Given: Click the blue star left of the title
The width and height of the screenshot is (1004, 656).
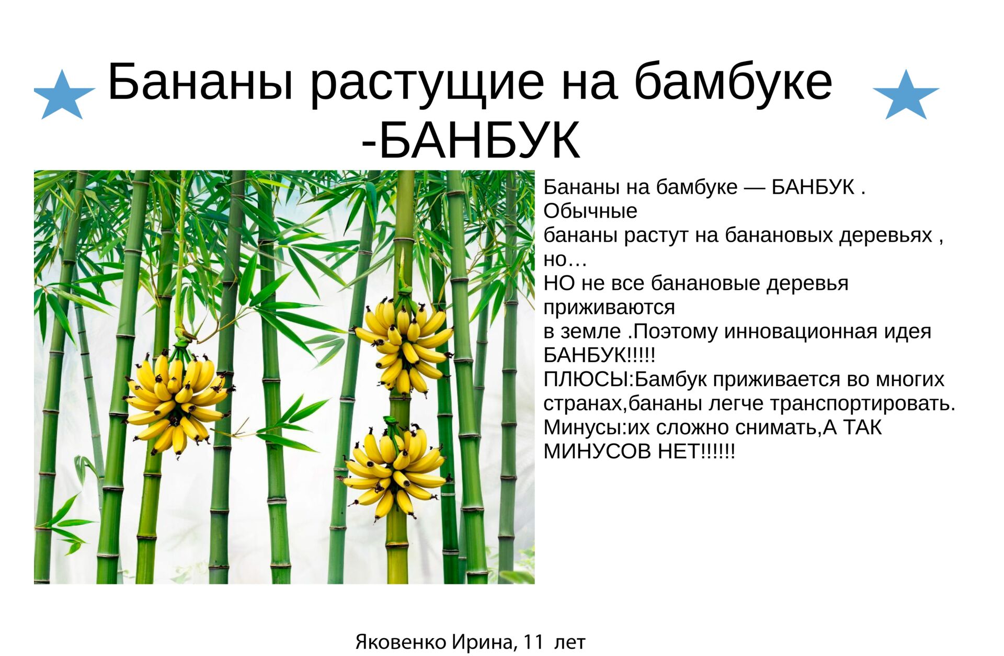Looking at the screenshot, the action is [x=64, y=95].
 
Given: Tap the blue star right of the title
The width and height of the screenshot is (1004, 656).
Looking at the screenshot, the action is [x=906, y=95].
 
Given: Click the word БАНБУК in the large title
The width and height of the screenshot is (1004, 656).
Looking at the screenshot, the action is [x=480, y=140].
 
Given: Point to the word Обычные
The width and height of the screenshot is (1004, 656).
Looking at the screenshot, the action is [x=590, y=211].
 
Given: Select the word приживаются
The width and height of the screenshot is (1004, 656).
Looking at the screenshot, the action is [x=609, y=308].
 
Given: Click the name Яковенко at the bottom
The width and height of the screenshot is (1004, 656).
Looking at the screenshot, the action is [x=401, y=642].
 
